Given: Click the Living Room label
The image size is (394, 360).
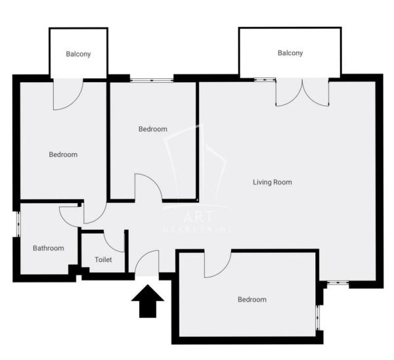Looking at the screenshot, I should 272,182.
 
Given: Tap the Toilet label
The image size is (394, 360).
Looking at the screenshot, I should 103,259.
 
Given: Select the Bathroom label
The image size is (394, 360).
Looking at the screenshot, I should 49,248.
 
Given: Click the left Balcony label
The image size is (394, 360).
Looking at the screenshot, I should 78,54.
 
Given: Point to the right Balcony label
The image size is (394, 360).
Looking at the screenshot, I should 290,53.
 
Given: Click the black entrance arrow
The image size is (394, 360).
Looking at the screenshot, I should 148,300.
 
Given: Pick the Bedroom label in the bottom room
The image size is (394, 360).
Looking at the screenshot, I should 252,300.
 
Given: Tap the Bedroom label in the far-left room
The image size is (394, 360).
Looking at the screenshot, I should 63,155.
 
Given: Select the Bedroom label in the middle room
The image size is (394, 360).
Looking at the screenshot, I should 152,129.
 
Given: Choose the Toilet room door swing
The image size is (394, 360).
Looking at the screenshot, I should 114,241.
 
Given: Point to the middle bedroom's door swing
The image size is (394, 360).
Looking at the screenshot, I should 148,187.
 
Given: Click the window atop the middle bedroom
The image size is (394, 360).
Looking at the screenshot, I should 151,79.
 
